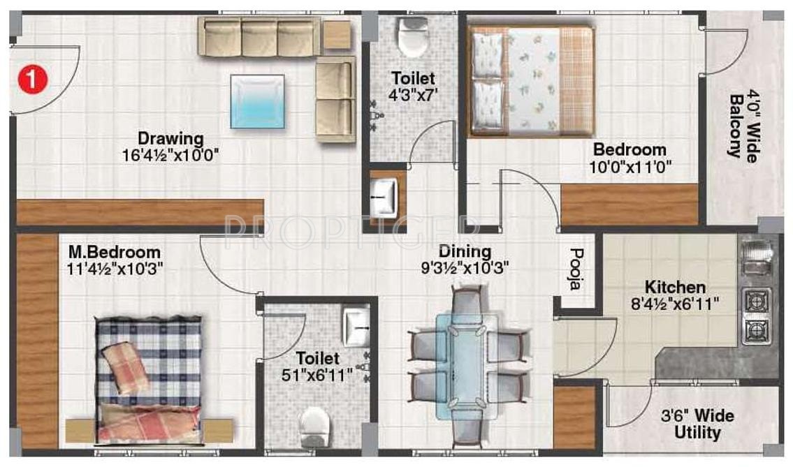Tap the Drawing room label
(170, 138)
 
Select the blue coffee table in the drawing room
(258, 102)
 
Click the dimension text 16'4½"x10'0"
(170, 154)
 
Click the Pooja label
(576, 268)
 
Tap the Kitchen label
(674, 287)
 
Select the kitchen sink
(757, 258)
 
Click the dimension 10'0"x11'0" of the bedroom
(630, 168)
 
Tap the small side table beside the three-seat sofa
(337, 35)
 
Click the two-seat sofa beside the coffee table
(335, 99)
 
